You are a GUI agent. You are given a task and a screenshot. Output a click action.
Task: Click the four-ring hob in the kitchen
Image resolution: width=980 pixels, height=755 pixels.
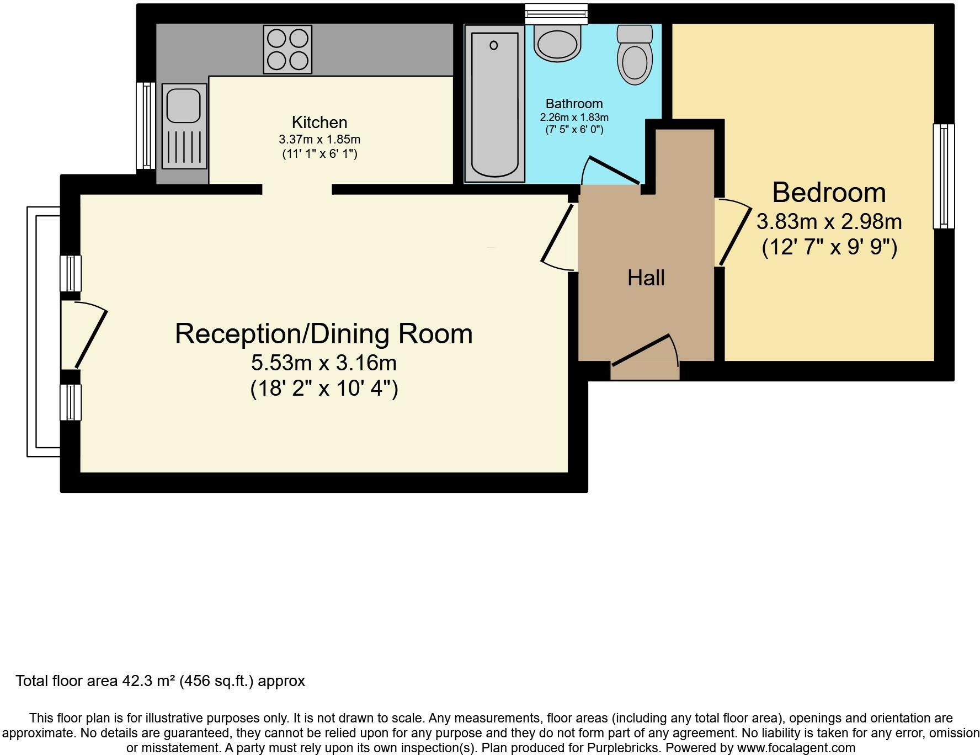coord(287,50)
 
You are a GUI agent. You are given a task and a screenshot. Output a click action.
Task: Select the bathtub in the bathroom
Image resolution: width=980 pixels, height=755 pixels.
coord(494,104)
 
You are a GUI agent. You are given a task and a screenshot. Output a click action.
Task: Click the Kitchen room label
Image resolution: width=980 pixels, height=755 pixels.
coord(319,122)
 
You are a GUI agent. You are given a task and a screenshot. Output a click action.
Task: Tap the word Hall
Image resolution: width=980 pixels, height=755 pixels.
coord(646,278)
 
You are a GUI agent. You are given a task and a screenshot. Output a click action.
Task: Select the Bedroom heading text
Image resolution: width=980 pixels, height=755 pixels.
coord(829,193)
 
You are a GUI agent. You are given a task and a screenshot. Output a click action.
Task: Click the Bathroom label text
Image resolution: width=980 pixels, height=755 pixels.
coord(574,104)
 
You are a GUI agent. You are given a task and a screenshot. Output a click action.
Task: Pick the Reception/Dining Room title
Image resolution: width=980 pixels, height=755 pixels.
coord(324,334)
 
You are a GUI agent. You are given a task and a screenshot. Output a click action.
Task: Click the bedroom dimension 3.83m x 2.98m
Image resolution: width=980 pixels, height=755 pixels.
coord(829,222)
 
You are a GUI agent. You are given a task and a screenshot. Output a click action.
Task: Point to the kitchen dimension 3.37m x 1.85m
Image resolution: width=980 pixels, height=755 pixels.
coord(319,140)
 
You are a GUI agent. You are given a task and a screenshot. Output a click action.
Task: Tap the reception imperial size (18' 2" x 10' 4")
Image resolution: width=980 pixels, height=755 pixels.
coord(324,389)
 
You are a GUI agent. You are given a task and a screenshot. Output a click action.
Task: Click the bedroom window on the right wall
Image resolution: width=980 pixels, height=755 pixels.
coord(944,176)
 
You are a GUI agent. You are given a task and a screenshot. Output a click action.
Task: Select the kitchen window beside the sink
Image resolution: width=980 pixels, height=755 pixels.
coord(146,125)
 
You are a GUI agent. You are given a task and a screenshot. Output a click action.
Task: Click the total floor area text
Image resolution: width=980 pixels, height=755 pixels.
coord(160,681)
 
